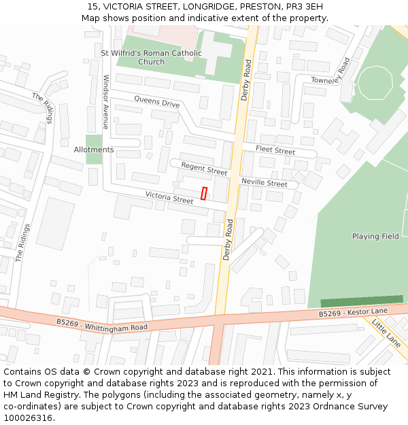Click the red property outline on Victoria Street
(204, 193)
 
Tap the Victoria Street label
(169, 199)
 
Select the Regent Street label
(204, 169)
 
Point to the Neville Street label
(264, 183)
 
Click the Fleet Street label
(275, 150)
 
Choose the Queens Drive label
(156, 103)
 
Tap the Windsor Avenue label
(105, 102)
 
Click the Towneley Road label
(330, 71)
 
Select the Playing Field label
(375, 237)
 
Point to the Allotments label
(94, 150)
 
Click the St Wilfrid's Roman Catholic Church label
(151, 57)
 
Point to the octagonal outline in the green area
(375, 83)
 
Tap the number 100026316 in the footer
(28, 418)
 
